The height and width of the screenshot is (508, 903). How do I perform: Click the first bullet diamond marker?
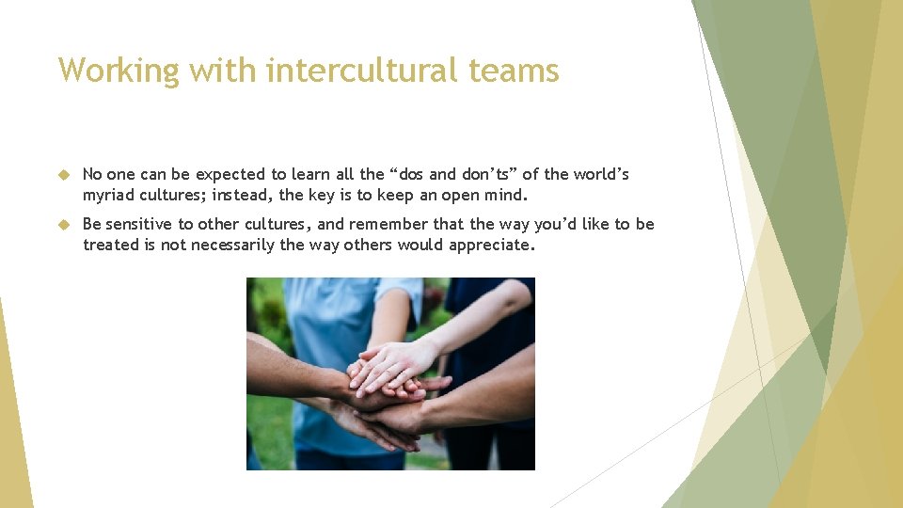coord(64,175)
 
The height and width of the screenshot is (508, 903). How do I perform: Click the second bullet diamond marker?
coord(64,225)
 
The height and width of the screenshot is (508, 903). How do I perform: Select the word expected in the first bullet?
coord(230,175)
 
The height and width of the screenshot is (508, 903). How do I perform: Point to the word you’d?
coord(557,225)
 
